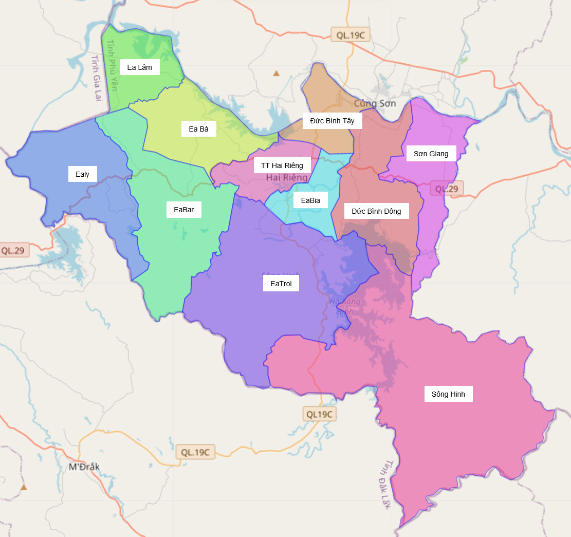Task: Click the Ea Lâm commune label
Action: coord(139,67)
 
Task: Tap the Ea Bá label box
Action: coord(198,129)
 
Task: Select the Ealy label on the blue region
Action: coord(82,174)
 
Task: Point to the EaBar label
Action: coord(183,210)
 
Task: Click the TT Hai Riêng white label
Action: coord(282,165)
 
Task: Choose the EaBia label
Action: coord(310,200)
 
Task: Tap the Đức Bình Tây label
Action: coord(332,121)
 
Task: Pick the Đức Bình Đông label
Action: coord(376,211)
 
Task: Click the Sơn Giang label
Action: coord(431,154)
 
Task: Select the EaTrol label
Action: coord(281,283)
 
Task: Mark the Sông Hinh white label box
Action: coord(448,394)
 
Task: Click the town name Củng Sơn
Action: coord(375,103)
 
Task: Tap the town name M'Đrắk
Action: coord(84,467)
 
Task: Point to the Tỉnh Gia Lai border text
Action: coord(96,77)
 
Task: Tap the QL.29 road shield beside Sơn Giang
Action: coord(446,189)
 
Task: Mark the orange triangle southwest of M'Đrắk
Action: coord(23,487)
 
